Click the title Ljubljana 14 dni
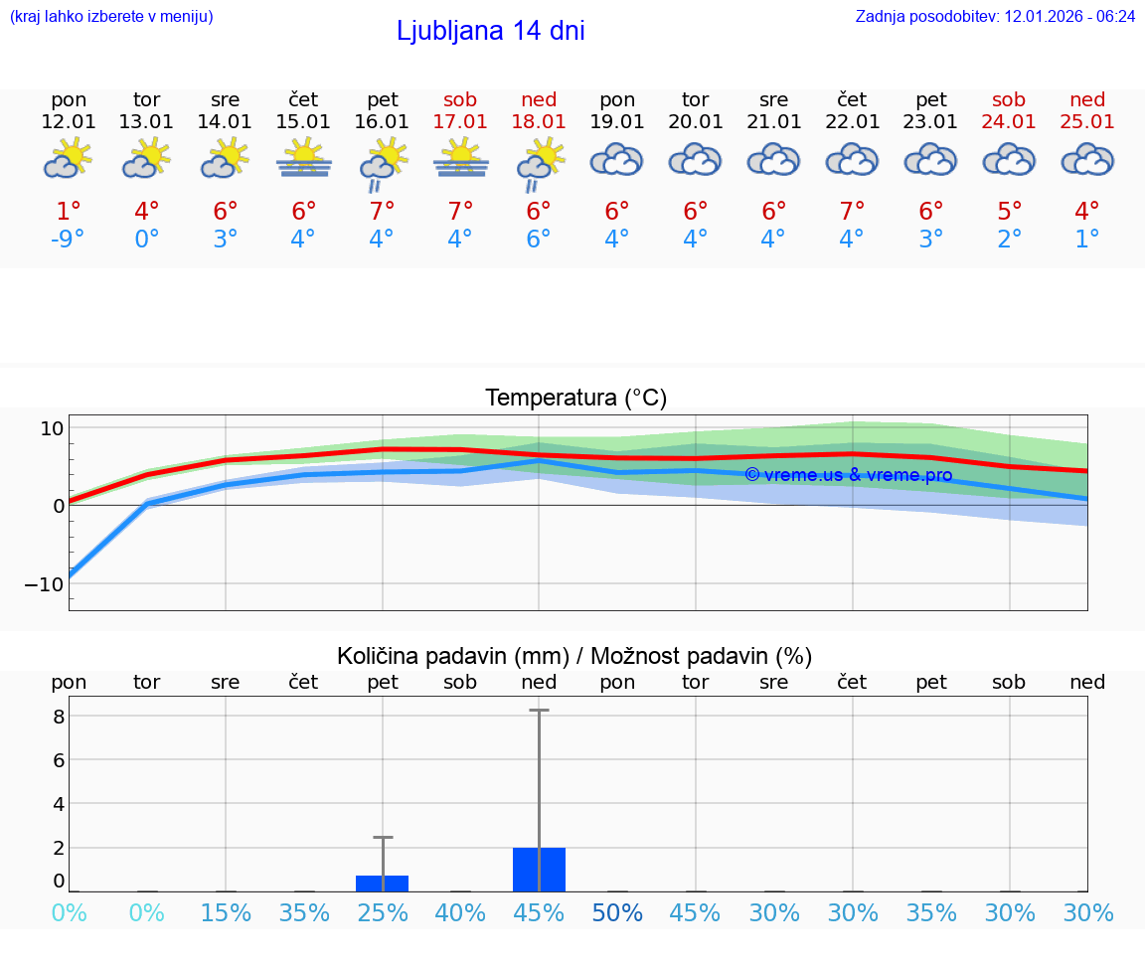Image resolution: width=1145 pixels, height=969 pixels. [490, 31]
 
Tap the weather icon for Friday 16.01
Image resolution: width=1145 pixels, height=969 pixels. [383, 163]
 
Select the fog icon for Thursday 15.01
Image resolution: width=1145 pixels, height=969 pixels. [304, 159]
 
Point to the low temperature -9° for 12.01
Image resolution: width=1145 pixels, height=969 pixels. [69, 239]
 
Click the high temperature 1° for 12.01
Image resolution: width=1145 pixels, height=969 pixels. [69, 211]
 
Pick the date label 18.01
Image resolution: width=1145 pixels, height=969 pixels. [539, 121]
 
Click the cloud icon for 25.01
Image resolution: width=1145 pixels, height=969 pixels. [1087, 159]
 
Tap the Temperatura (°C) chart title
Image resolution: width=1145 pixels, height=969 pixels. [575, 398]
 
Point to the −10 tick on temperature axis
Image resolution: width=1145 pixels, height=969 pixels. [44, 583]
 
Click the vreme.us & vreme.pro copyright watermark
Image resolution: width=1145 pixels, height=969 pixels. [848, 475]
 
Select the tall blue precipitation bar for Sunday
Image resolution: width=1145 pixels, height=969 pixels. [539, 870]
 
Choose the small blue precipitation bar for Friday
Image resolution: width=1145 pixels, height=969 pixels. [382, 884]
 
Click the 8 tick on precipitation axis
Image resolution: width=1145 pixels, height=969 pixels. [59, 716]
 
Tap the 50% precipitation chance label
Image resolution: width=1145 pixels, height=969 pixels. [617, 912]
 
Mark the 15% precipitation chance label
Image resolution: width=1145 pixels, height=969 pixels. [226, 912]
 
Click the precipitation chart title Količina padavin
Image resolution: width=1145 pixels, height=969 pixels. [574, 656]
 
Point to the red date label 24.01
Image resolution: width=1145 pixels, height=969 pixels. [1009, 121]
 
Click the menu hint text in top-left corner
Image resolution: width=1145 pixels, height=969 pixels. [111, 16]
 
